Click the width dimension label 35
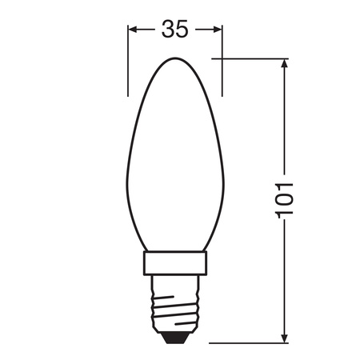click(175, 29)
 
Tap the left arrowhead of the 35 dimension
click(134, 29)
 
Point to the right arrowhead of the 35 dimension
click(217, 29)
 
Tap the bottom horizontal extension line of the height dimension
click(240, 342)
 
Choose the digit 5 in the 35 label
click(183, 29)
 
